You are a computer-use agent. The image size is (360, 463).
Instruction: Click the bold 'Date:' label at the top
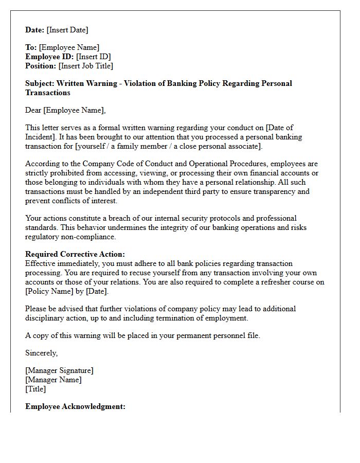pos(35,30)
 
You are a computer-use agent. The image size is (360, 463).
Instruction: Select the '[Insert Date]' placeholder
pos(68,30)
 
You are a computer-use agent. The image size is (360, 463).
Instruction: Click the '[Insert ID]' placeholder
pos(94,57)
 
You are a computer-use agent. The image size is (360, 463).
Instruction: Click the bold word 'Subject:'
pos(40,83)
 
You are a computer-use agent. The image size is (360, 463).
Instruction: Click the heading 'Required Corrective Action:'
pos(75,254)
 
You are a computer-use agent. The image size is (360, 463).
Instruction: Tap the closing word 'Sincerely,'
pos(42,353)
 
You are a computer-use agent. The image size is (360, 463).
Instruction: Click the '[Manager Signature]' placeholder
pos(59,370)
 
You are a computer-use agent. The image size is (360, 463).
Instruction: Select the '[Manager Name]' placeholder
pos(53,380)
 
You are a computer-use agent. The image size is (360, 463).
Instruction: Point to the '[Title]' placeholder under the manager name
pos(35,389)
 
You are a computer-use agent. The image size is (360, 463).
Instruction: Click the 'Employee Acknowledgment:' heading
pos(75,406)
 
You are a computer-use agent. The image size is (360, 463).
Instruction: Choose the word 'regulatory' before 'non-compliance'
pos(43,237)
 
